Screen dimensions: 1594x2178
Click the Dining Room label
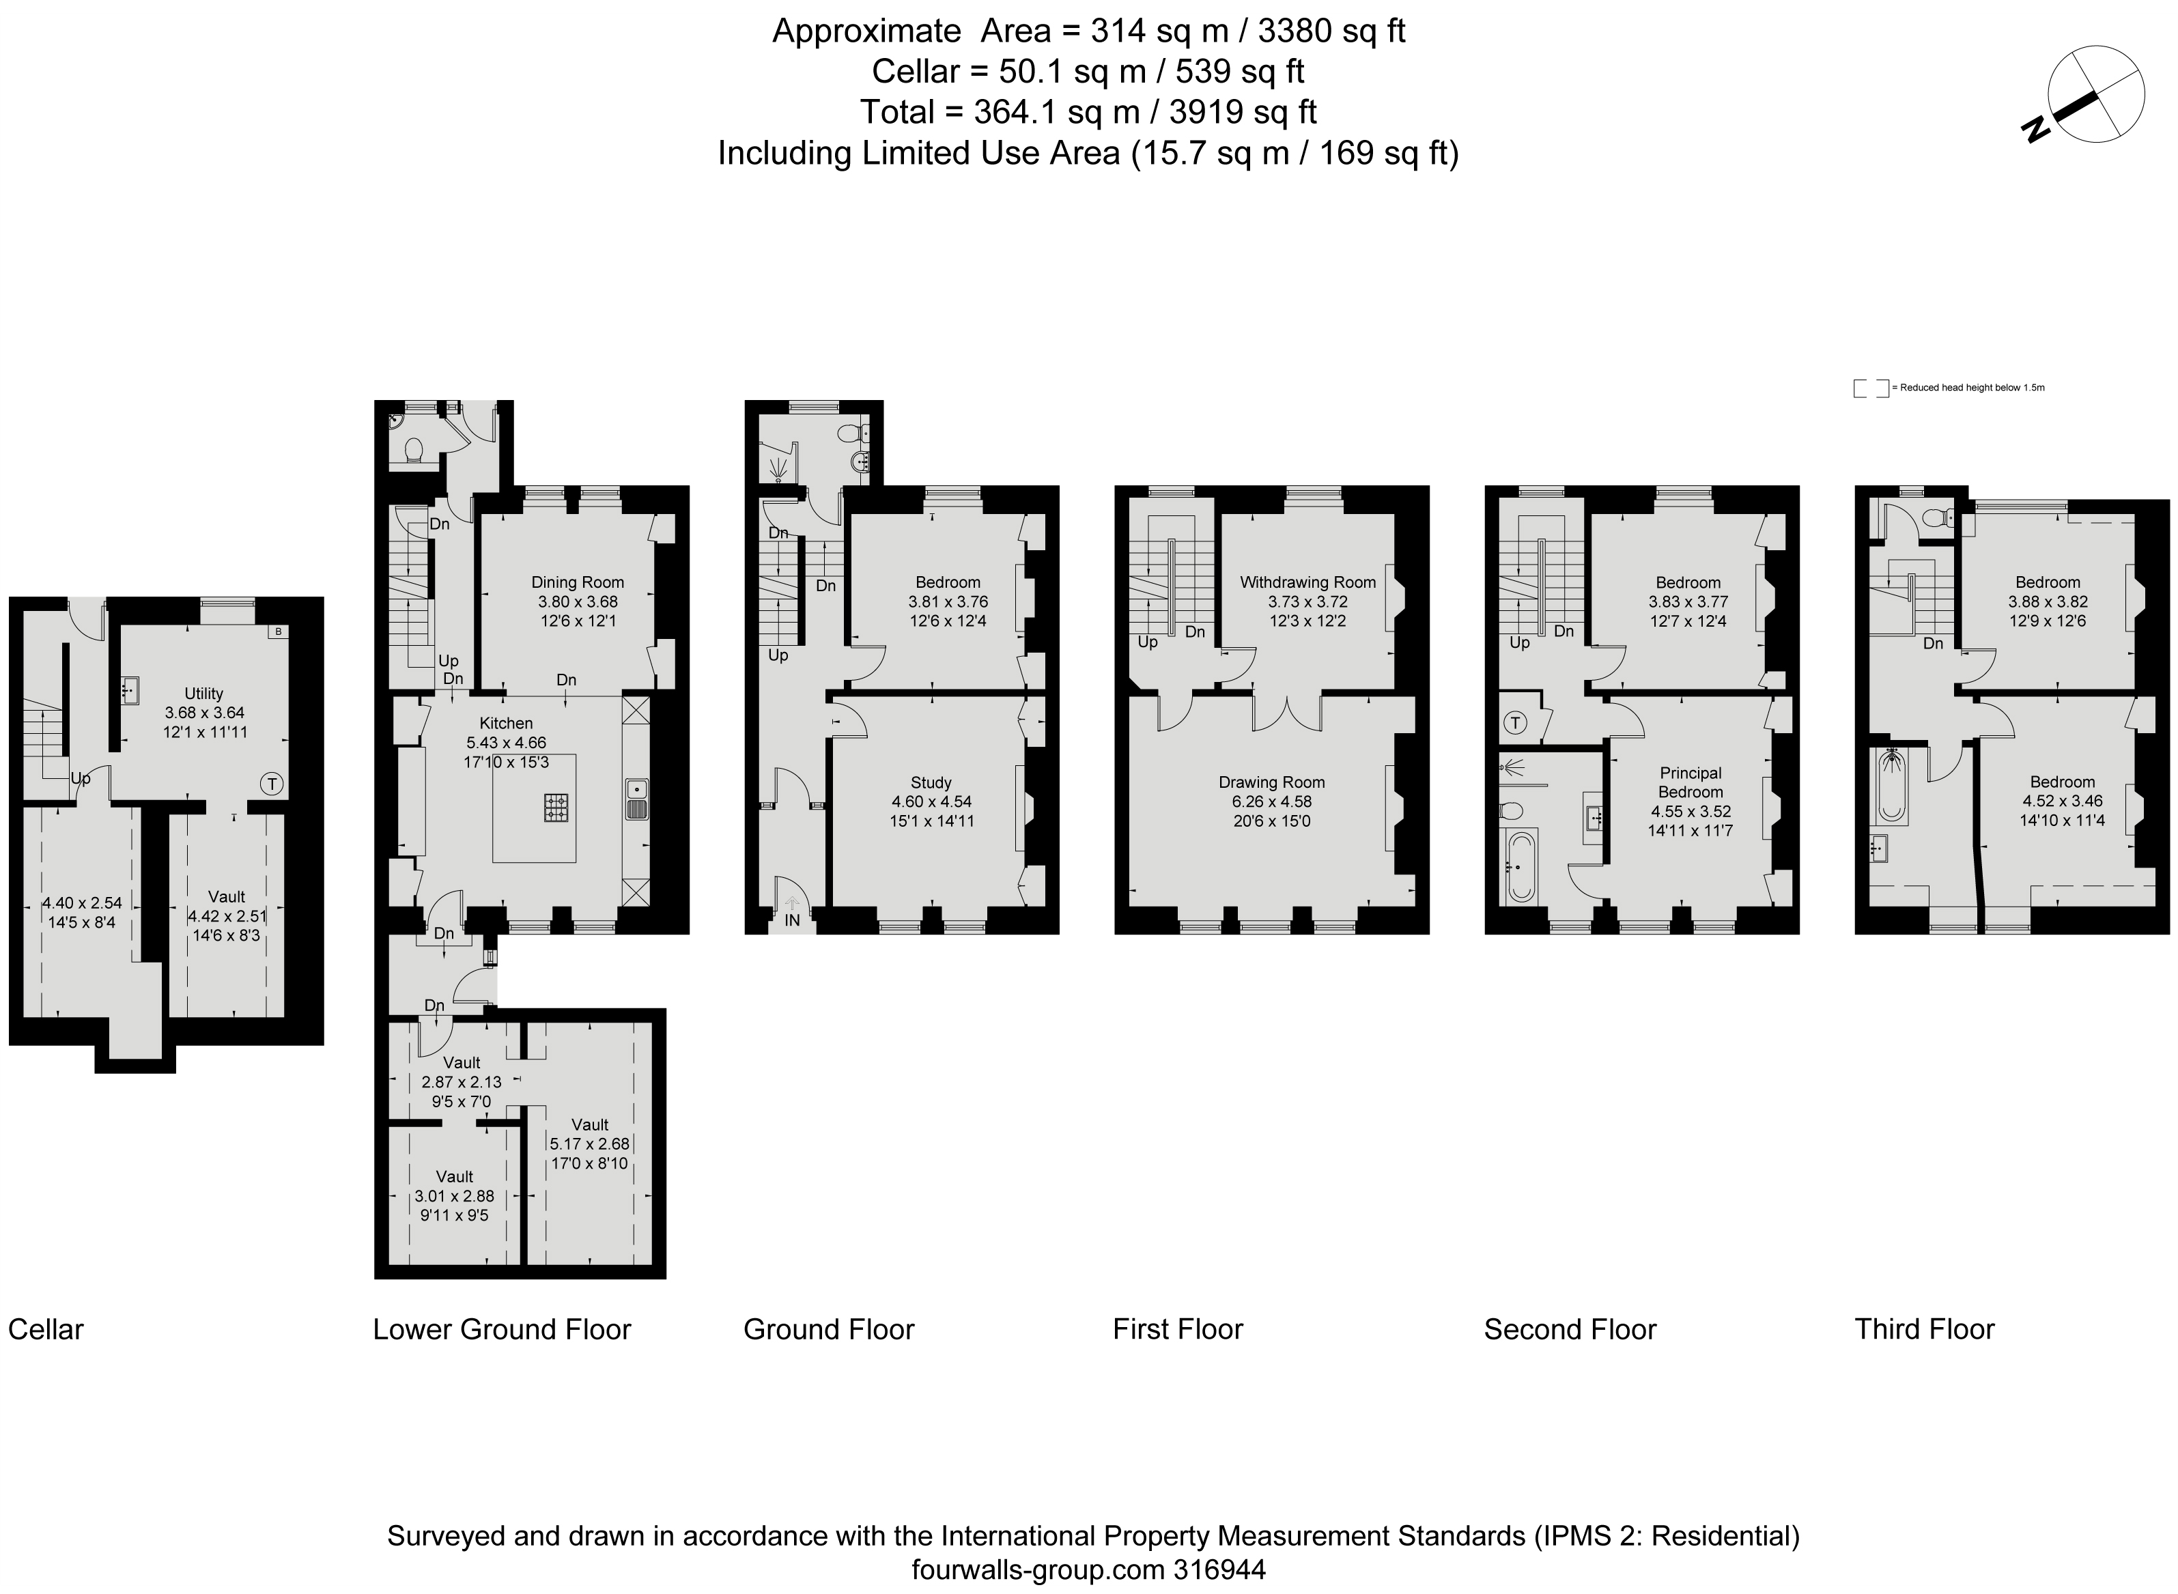point(577,582)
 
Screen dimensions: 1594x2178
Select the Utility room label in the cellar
point(203,693)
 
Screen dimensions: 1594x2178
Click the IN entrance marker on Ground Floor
point(792,920)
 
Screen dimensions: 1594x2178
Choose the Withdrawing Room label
point(1307,582)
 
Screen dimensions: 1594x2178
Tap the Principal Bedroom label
point(1690,782)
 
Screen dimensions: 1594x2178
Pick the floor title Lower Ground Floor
point(502,1328)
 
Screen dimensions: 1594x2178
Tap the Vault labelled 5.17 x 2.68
point(590,1143)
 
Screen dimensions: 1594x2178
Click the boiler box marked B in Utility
point(278,632)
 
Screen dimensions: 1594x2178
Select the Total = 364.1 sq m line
point(1088,112)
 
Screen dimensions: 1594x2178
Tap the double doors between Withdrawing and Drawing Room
point(1287,713)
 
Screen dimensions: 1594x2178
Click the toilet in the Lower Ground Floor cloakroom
point(414,450)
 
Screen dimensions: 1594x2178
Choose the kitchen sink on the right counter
point(637,798)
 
